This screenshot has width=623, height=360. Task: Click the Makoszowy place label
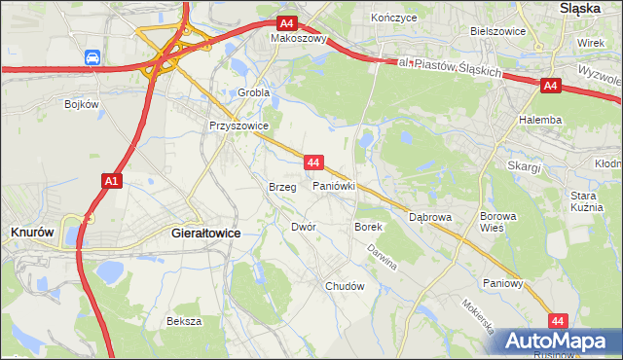coord(299,40)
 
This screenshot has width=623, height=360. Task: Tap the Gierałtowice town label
coord(205,234)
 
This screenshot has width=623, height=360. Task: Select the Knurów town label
coord(31,233)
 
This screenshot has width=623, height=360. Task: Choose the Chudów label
coord(345,287)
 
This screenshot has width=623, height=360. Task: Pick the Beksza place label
coord(183,321)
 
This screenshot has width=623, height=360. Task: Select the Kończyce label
coord(394,18)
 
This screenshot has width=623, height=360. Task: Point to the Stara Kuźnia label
coord(589,201)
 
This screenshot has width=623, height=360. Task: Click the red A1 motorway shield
coord(111,180)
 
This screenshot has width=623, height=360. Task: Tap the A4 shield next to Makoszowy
coord(286,23)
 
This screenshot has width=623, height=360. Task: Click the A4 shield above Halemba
coord(550,87)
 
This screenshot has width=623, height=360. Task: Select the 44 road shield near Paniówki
coord(313,162)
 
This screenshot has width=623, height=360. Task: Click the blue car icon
coord(92,58)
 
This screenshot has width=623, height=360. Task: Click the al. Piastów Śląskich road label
coord(455,70)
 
